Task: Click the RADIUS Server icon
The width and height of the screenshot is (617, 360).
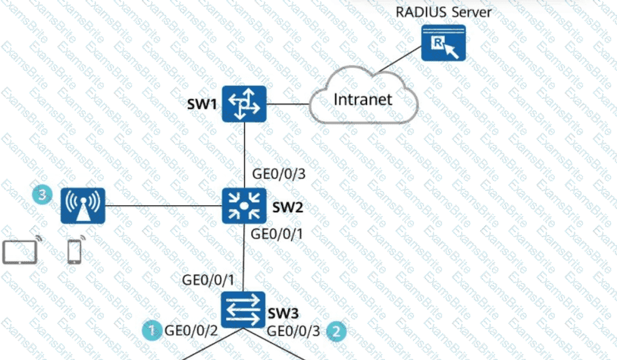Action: (443, 43)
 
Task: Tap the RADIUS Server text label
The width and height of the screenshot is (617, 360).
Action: (443, 12)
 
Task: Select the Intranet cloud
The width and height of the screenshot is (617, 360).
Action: (363, 100)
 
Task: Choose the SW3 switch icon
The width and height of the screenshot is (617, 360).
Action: (244, 309)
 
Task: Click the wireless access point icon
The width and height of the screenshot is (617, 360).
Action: (83, 206)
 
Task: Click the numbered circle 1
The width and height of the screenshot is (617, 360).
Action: (150, 329)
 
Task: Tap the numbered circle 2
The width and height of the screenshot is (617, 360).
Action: (337, 330)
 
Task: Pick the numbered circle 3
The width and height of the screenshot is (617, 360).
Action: (41, 195)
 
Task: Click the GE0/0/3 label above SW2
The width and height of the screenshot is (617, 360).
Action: (278, 173)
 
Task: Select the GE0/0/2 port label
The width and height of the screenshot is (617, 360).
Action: (190, 330)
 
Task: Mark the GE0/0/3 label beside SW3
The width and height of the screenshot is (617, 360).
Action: (293, 331)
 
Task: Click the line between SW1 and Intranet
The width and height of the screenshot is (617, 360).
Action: (289, 103)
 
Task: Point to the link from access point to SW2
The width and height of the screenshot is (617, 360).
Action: (163, 206)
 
